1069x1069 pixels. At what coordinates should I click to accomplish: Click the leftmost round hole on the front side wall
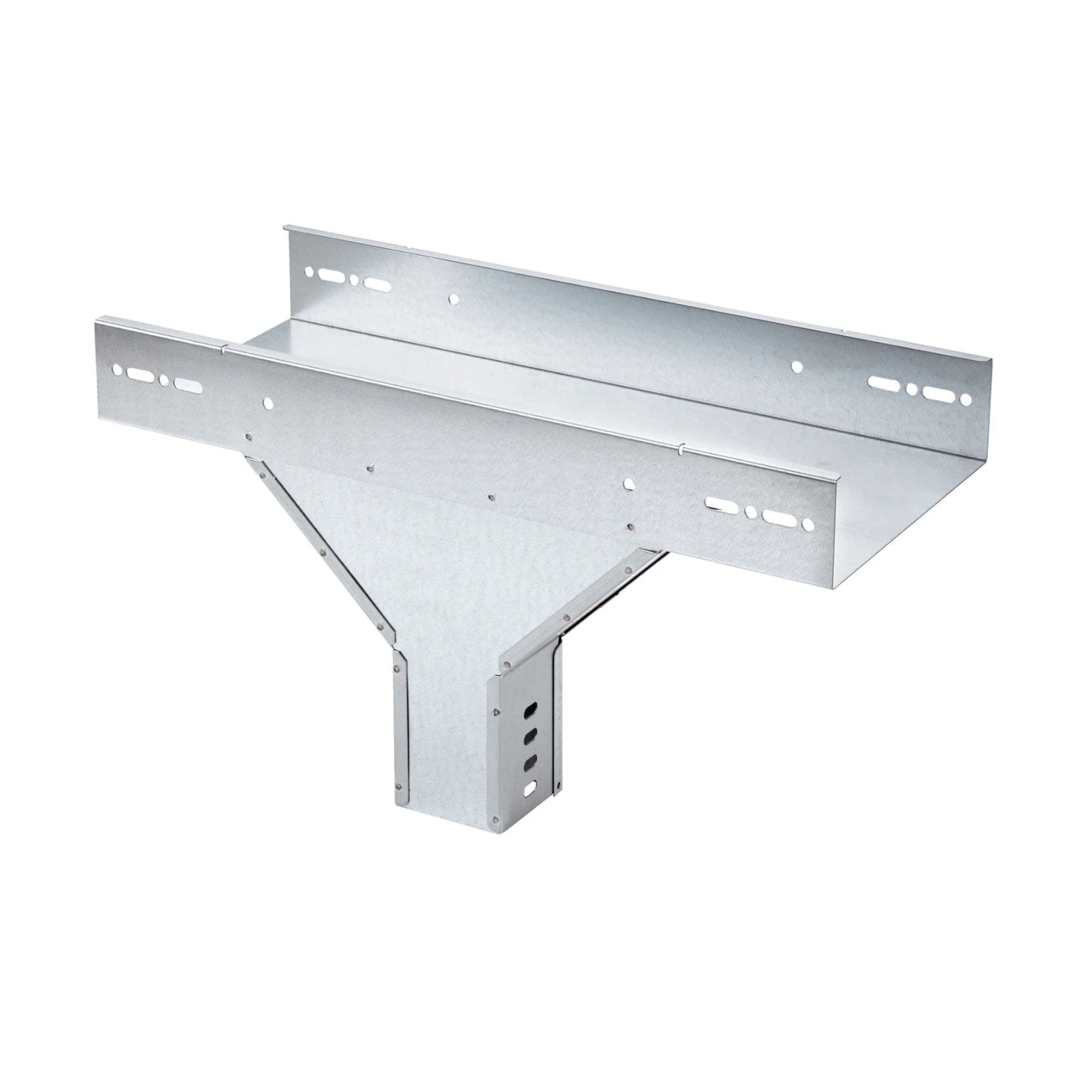coord(118,369)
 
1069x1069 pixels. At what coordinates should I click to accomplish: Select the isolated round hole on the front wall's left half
coord(268,403)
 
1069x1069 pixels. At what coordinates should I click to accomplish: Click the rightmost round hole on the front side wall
coord(810,524)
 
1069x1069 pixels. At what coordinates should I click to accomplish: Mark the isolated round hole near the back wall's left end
coord(454,299)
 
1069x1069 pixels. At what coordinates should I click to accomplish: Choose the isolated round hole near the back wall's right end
coord(796,367)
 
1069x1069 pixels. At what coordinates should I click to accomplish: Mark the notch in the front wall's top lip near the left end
coord(224,347)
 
